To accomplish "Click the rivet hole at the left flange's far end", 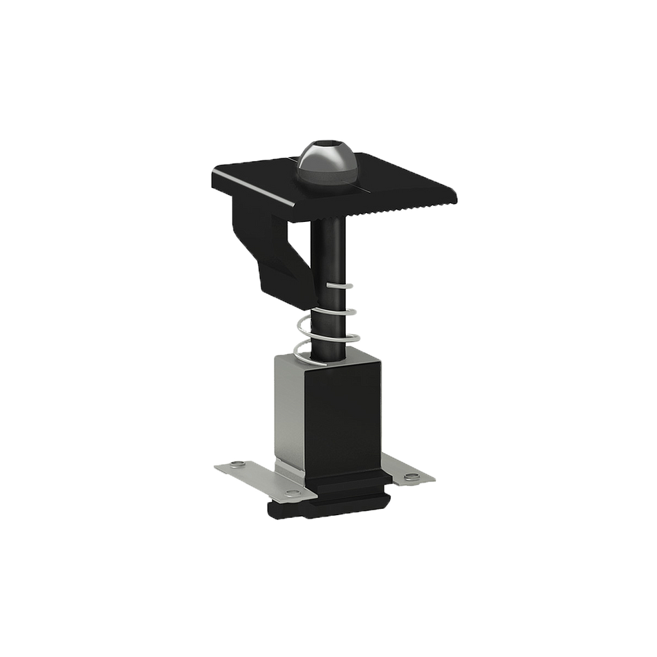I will (239, 463).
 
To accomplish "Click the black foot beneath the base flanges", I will (325, 508).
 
